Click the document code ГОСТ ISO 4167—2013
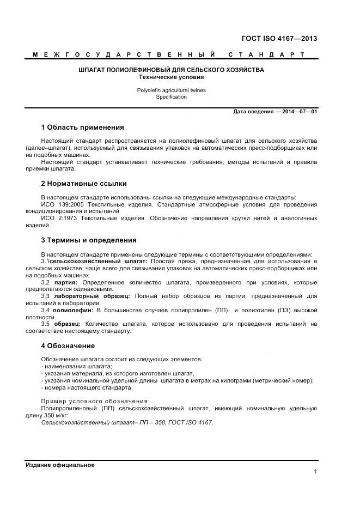(279, 39)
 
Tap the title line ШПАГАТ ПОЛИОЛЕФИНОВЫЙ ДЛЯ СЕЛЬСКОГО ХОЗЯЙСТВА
(171, 70)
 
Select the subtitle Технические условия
(171, 77)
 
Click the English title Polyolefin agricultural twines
(171, 90)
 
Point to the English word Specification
(171, 97)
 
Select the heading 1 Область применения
(83, 127)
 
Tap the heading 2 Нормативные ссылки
(83, 184)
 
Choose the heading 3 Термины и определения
(88, 240)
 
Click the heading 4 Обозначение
(68, 346)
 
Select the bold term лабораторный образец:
(92, 296)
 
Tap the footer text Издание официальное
(60, 465)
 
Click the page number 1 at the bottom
(315, 472)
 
